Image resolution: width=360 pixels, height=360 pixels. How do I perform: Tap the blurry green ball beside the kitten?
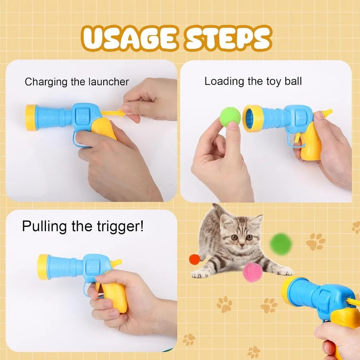(x=281, y=244)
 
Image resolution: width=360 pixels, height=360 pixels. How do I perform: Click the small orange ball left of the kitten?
(x=194, y=259)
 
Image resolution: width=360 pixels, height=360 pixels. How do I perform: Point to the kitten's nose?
(x=239, y=243)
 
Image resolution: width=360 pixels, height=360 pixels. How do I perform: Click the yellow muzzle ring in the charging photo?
(x=31, y=118)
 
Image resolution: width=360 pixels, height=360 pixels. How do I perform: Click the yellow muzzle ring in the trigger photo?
(x=43, y=267)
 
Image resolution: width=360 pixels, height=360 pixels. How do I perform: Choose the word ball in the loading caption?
(x=293, y=81)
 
